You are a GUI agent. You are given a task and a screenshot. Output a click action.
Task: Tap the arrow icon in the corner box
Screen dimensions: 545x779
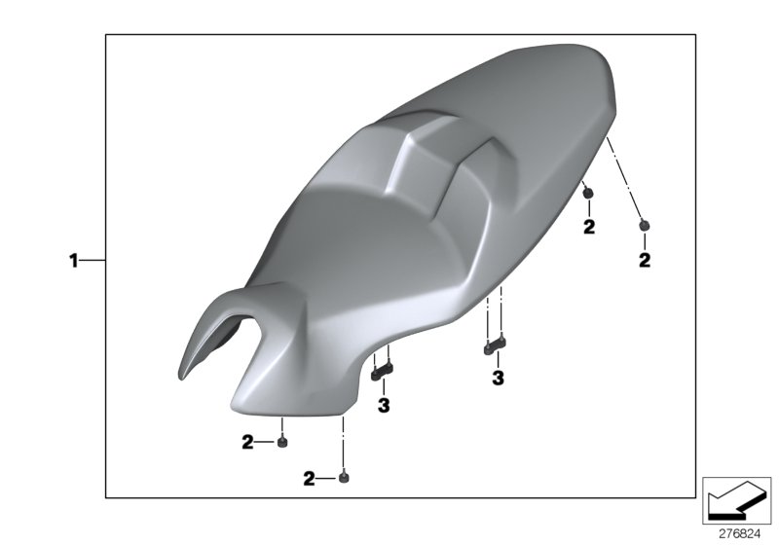736,502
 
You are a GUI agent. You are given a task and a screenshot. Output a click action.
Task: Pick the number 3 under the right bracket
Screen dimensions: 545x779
497,378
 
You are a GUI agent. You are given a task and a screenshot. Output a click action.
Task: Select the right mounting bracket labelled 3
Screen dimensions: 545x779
496,343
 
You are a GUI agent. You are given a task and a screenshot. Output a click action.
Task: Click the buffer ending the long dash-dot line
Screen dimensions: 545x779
644,226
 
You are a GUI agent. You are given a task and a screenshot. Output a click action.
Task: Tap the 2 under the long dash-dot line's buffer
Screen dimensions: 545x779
644,260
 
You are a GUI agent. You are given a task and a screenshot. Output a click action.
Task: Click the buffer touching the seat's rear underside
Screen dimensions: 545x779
588,195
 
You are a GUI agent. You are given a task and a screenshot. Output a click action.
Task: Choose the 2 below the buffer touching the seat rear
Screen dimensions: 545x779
588,228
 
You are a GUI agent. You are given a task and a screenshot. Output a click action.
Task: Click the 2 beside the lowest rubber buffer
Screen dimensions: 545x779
310,479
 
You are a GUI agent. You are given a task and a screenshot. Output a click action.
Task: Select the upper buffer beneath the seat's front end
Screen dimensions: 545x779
281,443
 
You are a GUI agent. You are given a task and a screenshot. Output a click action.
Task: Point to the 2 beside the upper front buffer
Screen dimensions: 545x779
247,443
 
